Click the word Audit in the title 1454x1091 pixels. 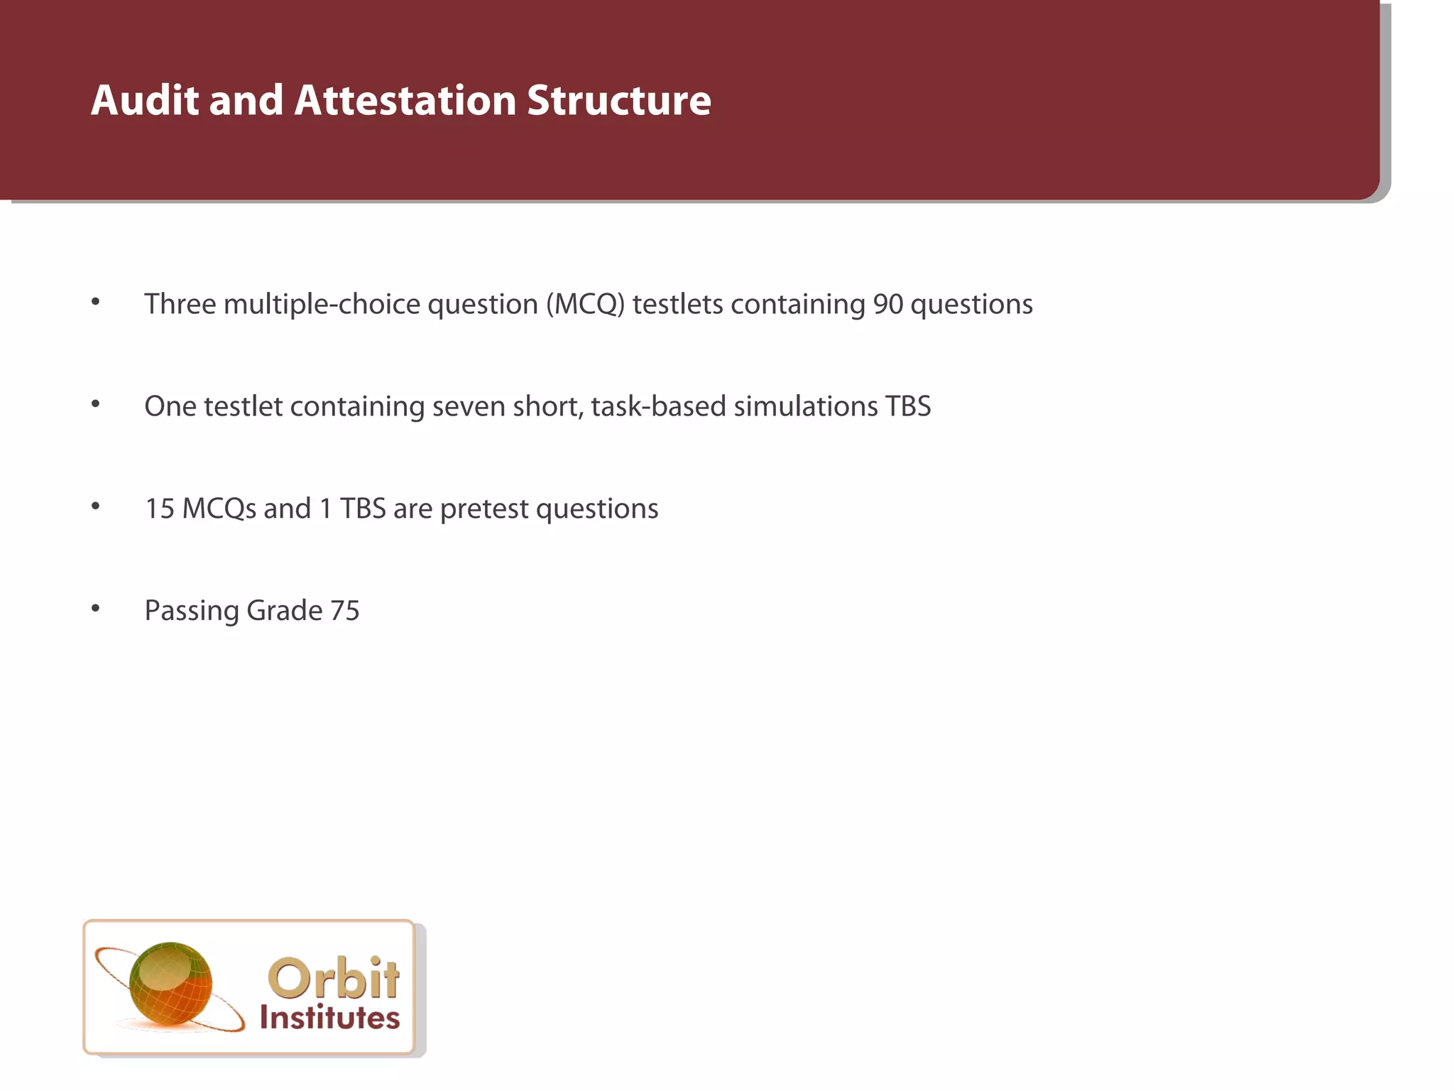tap(145, 100)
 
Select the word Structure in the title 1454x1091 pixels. tap(619, 100)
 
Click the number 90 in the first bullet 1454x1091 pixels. tap(887, 304)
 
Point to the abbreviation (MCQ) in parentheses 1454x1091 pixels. tap(586, 304)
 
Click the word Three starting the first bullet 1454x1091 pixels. tap(180, 304)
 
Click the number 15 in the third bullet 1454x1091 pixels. tap(160, 509)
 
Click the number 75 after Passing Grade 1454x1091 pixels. tap(345, 611)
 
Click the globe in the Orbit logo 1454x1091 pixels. tap(170, 984)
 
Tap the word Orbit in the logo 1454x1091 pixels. tap(334, 979)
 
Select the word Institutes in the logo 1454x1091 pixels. tap(329, 1018)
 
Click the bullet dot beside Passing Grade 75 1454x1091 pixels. tap(96, 608)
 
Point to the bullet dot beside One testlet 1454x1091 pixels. tap(96, 404)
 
